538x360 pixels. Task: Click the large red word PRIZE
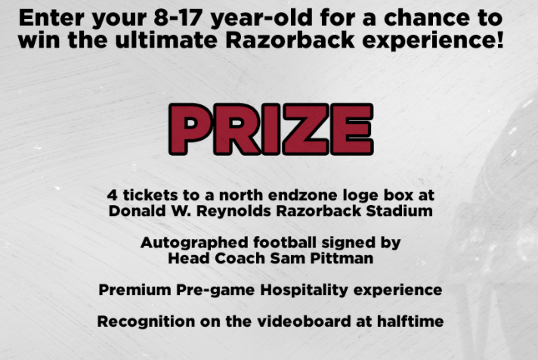click(x=271, y=129)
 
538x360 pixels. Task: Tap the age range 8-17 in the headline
click(x=178, y=18)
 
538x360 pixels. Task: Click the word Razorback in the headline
click(x=290, y=40)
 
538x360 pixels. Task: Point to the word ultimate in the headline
click(x=166, y=40)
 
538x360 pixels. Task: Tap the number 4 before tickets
click(x=112, y=195)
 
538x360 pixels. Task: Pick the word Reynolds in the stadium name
click(x=233, y=212)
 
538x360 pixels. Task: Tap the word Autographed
click(x=194, y=244)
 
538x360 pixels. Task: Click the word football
click(x=285, y=242)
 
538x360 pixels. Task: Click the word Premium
click(x=134, y=290)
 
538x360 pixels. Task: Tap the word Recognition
click(x=146, y=322)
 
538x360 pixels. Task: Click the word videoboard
click(x=304, y=321)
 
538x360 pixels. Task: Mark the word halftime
click(x=410, y=321)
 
